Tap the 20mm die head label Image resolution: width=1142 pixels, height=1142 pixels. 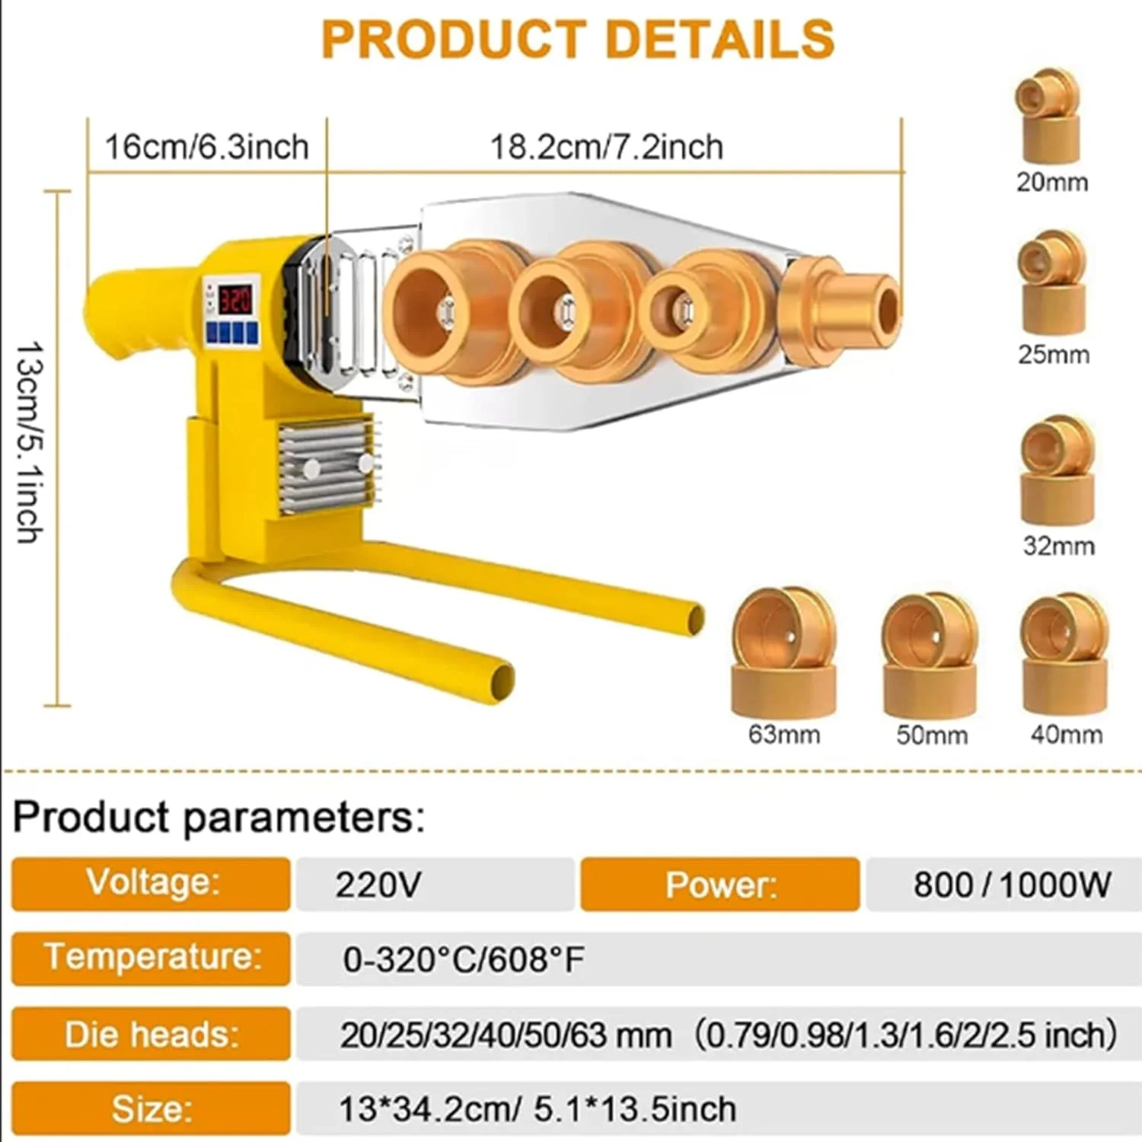coord(1052,183)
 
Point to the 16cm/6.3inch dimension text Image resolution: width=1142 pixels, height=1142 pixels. coord(206,147)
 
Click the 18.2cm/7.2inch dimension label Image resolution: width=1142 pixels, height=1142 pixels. coord(606,147)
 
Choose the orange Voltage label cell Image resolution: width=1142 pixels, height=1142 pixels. coord(152,883)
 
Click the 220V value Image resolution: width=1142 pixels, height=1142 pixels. coord(378,885)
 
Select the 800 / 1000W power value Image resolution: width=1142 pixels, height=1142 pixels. coord(1011,885)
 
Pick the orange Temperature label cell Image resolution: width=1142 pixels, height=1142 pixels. coord(152,958)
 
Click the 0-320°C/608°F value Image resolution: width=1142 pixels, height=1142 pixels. coord(464,959)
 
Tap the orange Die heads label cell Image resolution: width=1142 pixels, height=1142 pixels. coord(152,1034)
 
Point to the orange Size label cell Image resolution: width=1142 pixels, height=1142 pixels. coord(152,1109)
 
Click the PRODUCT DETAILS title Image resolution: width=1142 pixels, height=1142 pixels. coord(578,40)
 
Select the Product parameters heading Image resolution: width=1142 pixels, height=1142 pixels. coord(219,817)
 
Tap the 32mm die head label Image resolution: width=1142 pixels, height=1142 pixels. coord(1058,546)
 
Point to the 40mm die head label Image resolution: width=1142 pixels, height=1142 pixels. coord(1066,735)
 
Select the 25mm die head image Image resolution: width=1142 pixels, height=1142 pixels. coord(1052,283)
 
